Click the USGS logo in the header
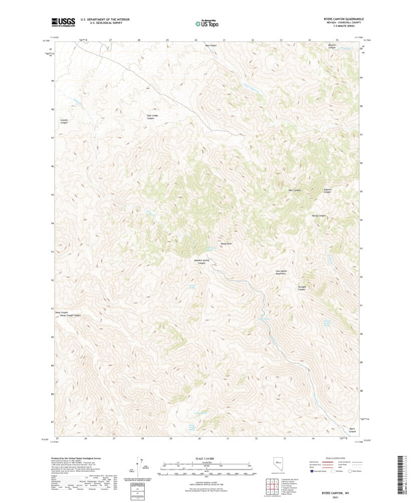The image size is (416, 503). [63, 22]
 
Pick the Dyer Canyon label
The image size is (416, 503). [294, 190]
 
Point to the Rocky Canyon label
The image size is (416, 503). [319, 215]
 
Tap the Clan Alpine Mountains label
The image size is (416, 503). [281, 272]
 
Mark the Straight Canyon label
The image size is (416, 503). [302, 288]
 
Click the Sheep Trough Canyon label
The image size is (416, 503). [70, 316]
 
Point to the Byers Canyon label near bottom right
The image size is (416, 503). [352, 430]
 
